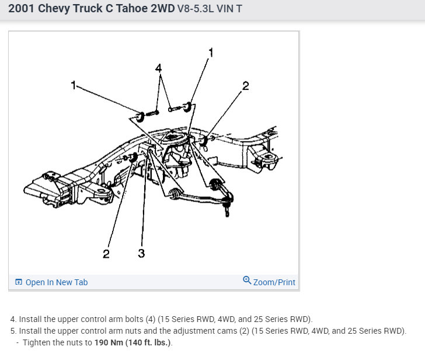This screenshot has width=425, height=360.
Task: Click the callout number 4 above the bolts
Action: [158, 68]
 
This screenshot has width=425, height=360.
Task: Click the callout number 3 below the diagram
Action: [141, 253]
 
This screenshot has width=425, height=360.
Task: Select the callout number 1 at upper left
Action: [74, 85]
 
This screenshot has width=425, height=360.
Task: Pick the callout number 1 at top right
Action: [211, 53]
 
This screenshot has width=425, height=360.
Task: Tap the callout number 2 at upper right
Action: [245, 86]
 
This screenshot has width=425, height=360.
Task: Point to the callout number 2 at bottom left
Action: [106, 254]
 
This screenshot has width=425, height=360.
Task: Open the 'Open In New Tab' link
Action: [56, 282]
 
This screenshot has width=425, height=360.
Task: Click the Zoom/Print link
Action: [274, 282]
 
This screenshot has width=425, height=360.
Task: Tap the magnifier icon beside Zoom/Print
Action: [247, 281]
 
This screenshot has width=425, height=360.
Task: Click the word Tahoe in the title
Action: [131, 9]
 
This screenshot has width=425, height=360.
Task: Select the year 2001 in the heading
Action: [22, 9]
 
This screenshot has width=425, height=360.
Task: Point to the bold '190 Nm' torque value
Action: [108, 342]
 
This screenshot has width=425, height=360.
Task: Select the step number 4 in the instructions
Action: [13, 319]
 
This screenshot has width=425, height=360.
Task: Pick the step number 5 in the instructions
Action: [13, 331]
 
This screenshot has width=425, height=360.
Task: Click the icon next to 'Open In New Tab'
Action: [19, 282]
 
